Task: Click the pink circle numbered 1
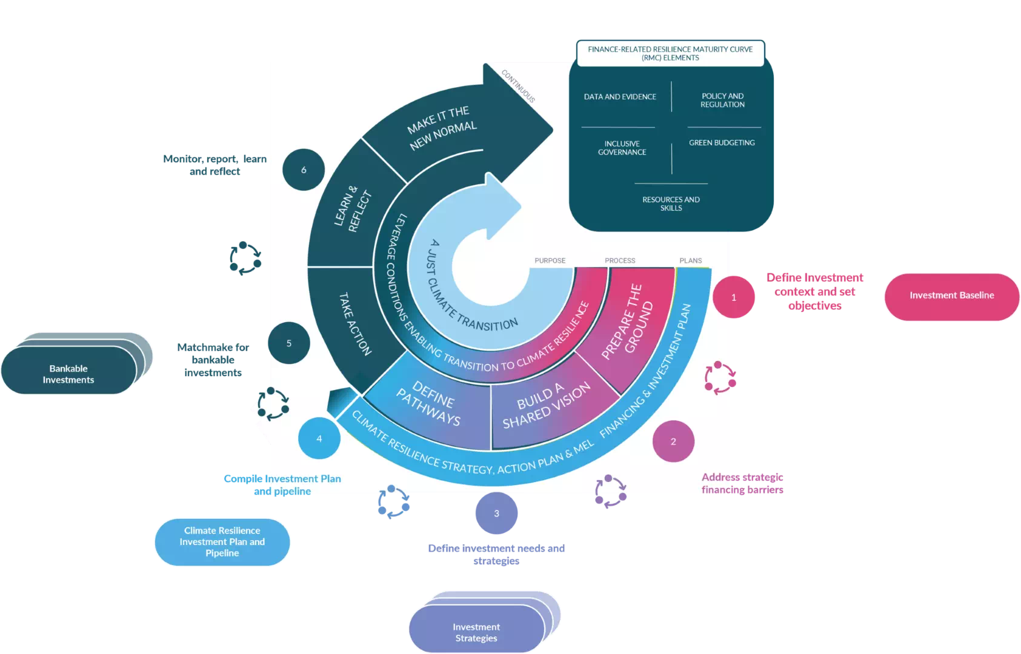click(x=734, y=297)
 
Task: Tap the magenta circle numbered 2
click(x=673, y=441)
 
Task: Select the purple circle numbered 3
click(x=496, y=514)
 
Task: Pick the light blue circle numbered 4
click(x=319, y=438)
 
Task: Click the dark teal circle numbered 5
click(x=289, y=343)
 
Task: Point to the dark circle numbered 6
click(x=304, y=170)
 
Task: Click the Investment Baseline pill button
click(x=951, y=296)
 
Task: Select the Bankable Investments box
click(x=68, y=374)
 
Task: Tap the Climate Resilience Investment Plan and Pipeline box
click(x=222, y=541)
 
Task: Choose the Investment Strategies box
click(x=476, y=632)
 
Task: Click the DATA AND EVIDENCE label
click(x=620, y=97)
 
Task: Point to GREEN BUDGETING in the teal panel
click(x=722, y=143)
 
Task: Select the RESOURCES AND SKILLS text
click(x=671, y=203)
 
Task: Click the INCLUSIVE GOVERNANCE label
click(x=622, y=148)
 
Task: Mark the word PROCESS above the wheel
click(x=620, y=260)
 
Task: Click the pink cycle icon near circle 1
click(x=720, y=378)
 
